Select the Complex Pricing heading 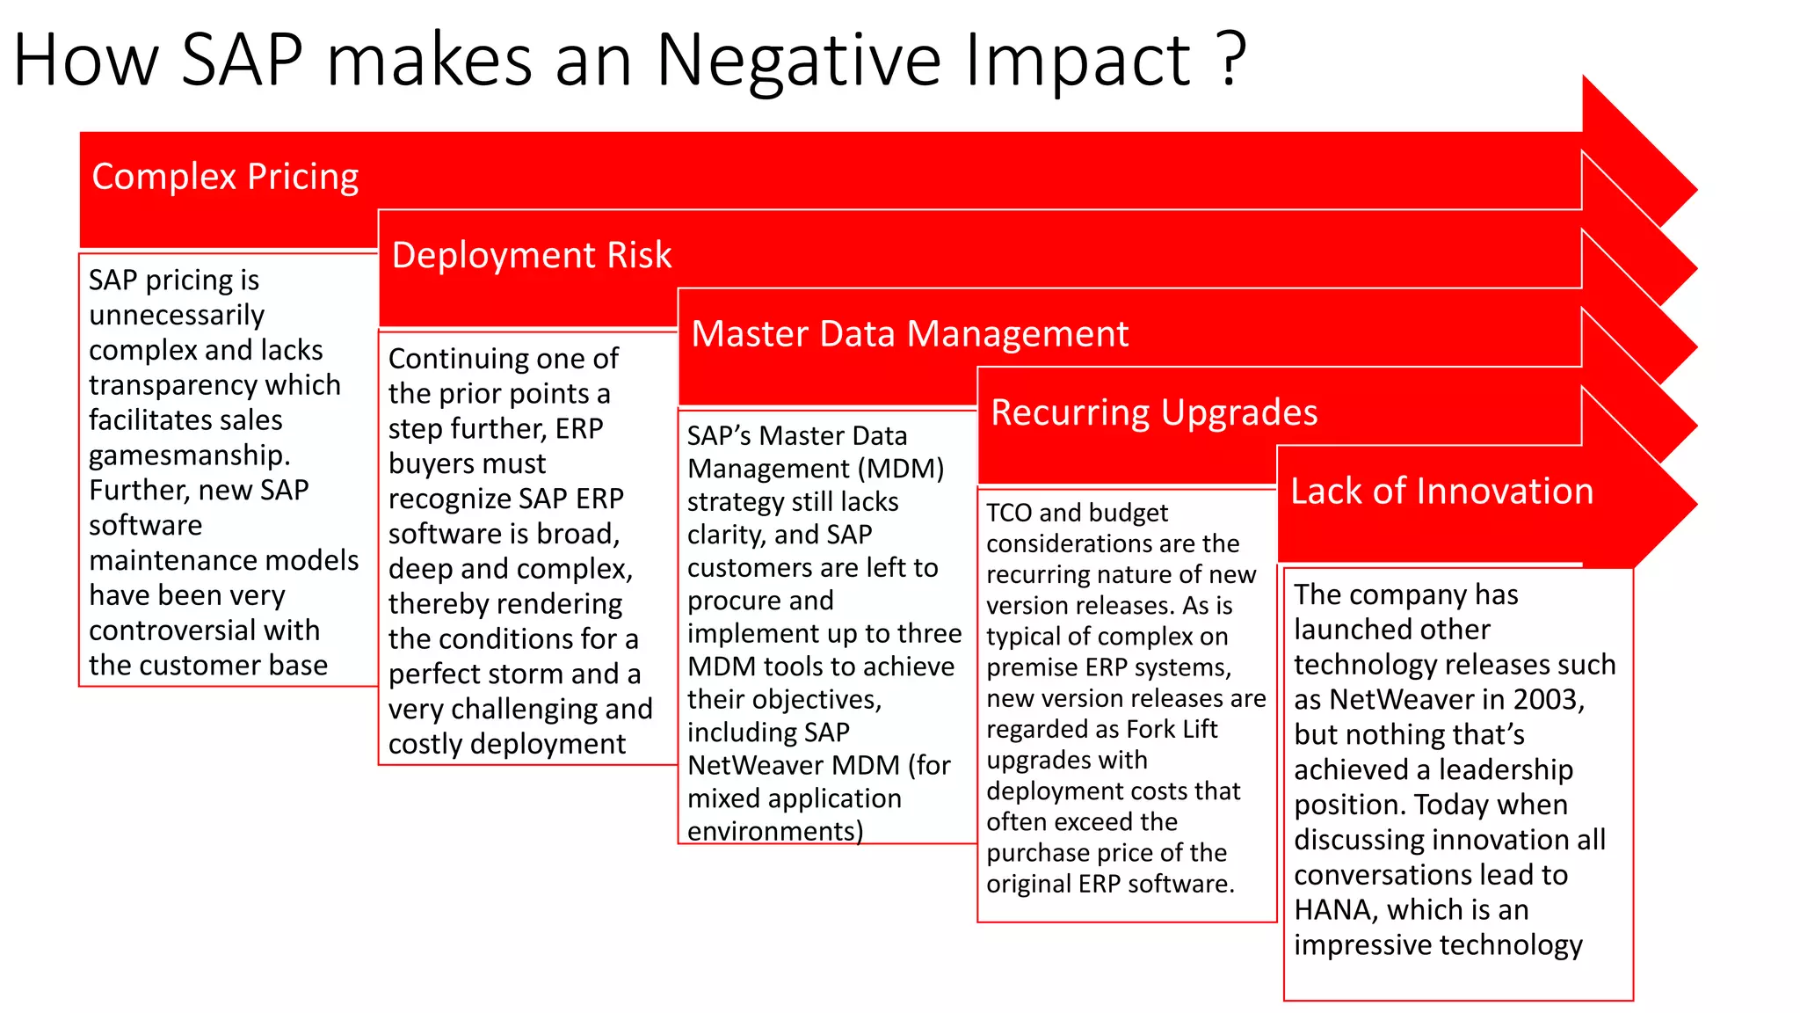[225, 177]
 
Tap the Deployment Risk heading [531, 255]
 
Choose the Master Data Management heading [909, 334]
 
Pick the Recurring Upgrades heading [1153, 412]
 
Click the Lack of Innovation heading [1441, 491]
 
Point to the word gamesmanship [189, 455]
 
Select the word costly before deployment [426, 745]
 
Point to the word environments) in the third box [774, 831]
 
